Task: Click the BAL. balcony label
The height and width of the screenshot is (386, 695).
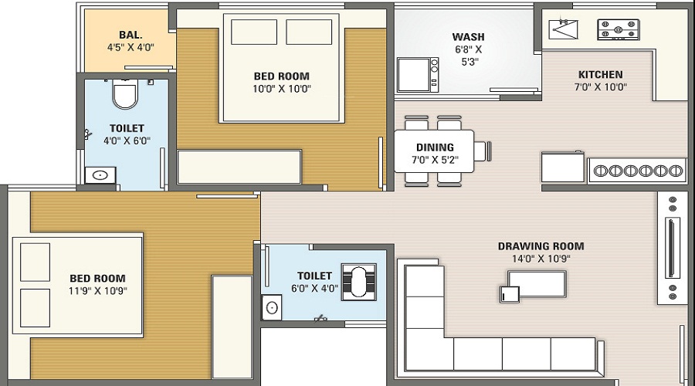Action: tap(131, 35)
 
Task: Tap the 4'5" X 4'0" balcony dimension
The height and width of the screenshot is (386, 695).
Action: tap(131, 47)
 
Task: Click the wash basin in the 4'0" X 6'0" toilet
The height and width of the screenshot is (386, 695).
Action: tap(100, 175)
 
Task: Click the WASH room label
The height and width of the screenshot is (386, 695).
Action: tap(468, 37)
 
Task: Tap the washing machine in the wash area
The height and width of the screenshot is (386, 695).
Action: tap(418, 74)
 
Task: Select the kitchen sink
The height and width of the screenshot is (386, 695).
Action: tap(563, 29)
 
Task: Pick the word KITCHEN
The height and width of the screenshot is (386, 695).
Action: tap(600, 75)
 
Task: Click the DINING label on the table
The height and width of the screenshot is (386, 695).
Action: tap(435, 147)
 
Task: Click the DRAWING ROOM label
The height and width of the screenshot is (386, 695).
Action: tap(541, 247)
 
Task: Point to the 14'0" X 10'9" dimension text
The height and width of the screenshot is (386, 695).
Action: tap(541, 259)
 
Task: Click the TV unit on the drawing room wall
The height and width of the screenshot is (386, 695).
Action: tap(671, 246)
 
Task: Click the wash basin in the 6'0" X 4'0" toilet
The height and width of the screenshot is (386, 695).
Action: tap(272, 308)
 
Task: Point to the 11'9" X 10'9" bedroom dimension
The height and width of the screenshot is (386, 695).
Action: tap(97, 291)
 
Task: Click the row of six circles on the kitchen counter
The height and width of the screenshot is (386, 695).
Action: tap(637, 171)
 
